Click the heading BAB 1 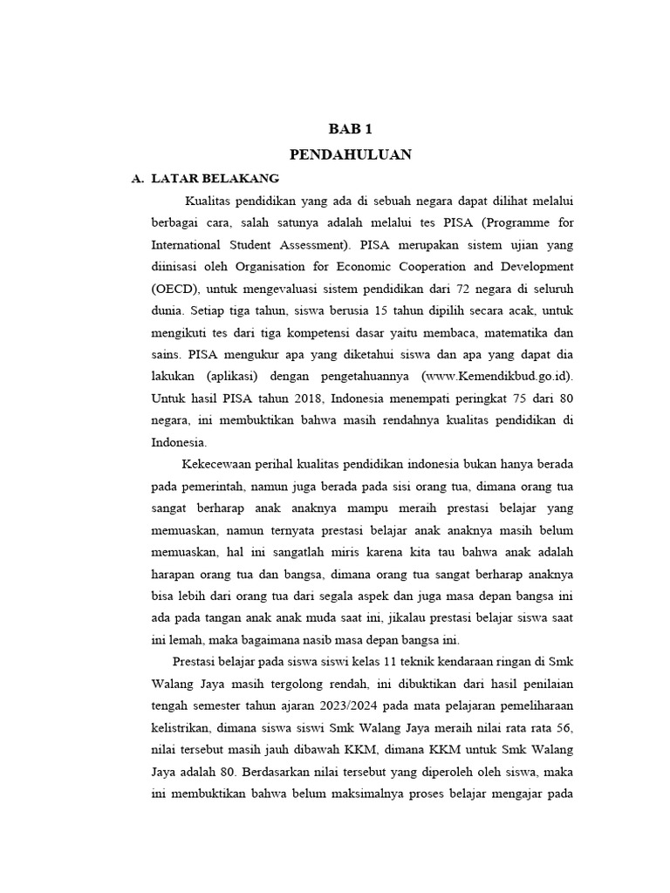click(x=350, y=129)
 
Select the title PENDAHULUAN click(x=350, y=154)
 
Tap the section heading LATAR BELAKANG click(x=215, y=178)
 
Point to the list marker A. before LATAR click(x=136, y=178)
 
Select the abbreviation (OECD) click(x=178, y=289)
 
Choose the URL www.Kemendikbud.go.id click(x=497, y=377)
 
